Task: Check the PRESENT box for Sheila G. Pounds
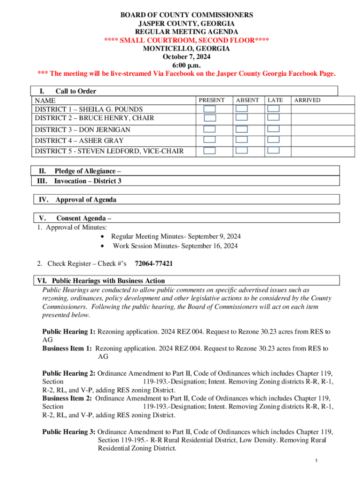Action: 210,109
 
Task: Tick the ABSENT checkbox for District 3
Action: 242,129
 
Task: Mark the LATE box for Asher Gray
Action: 274,139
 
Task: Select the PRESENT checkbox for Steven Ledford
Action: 210,151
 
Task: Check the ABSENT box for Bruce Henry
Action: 242,118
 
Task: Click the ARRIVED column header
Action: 307,100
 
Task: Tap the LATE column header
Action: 275,100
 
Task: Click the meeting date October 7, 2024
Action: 186,57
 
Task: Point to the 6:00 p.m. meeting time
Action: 186,65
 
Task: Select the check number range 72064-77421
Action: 154,264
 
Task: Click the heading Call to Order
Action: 76,91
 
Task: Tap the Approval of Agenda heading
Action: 86,200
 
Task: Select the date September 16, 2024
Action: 209,246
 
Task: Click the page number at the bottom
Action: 317,462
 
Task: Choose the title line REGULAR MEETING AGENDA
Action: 186,32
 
